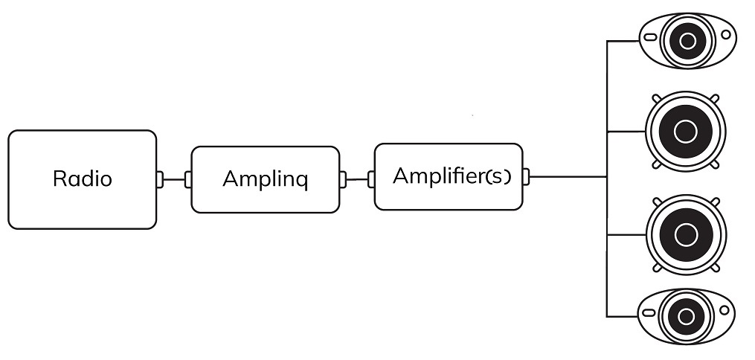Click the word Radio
click(x=83, y=179)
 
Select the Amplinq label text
click(x=266, y=179)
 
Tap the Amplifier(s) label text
click(x=452, y=176)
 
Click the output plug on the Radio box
click(x=159, y=179)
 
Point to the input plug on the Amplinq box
click(x=188, y=179)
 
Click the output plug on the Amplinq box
click(x=342, y=179)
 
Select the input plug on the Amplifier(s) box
click(x=371, y=179)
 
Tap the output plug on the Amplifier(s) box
click(x=526, y=176)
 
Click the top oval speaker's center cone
click(x=688, y=42)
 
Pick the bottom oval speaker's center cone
click(x=686, y=317)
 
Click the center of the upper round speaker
click(x=686, y=132)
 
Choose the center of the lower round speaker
click(x=686, y=235)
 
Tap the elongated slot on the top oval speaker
click(x=650, y=37)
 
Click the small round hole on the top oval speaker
click(x=726, y=35)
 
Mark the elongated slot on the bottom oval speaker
click(x=649, y=313)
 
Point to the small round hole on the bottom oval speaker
click(x=725, y=310)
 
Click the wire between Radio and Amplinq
click(x=174, y=179)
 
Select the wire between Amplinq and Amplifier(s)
click(x=357, y=179)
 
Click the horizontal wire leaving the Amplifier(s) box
click(x=568, y=176)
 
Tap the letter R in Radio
click(x=58, y=179)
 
